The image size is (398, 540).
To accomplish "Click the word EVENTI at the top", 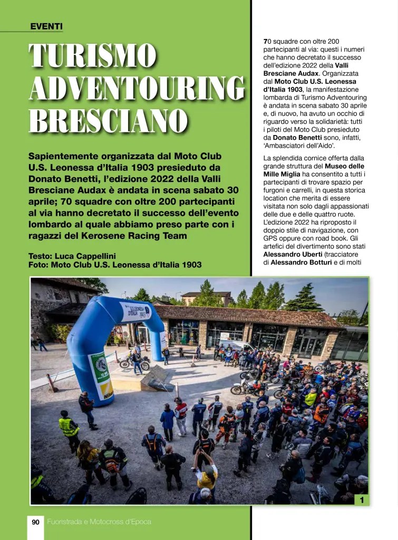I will pos(46,26).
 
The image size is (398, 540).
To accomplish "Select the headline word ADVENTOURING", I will pos(137,89).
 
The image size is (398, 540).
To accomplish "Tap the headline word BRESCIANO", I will pos(109,121).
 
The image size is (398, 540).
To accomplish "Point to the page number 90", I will pos(36,522).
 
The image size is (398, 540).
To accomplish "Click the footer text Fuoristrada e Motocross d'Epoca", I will pos(99,522).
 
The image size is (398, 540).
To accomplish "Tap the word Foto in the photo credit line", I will pos(38,265).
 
